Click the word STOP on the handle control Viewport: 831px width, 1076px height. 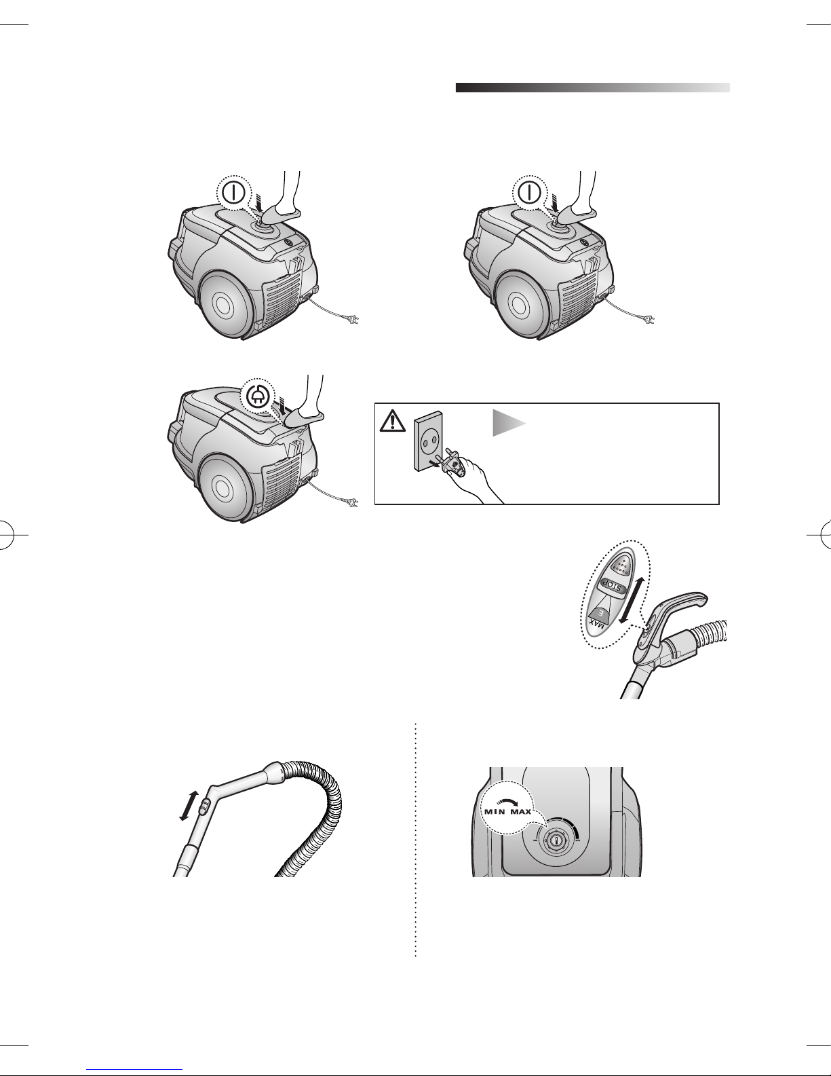click(x=613, y=585)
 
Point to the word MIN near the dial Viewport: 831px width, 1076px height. click(x=496, y=811)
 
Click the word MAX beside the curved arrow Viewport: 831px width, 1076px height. click(x=521, y=811)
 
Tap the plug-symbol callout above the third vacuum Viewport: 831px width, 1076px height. click(x=257, y=396)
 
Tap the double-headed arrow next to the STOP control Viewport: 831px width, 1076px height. click(x=633, y=600)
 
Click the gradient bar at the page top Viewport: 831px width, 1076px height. click(x=593, y=88)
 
